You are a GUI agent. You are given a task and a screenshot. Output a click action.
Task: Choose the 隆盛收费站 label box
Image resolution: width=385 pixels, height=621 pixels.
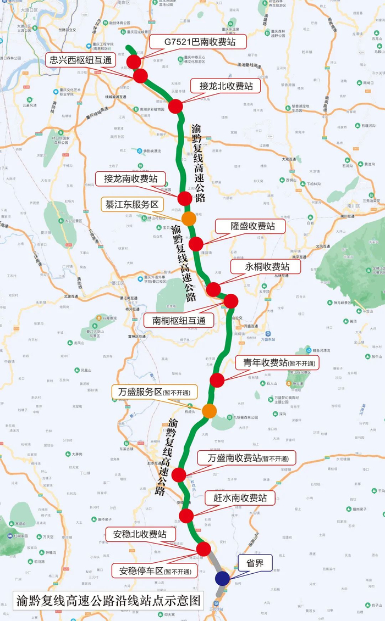point(250,226)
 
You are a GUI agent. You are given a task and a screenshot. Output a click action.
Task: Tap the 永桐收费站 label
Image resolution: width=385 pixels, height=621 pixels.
point(266,267)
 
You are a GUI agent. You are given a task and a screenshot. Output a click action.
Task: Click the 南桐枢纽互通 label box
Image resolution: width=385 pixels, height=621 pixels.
point(178,320)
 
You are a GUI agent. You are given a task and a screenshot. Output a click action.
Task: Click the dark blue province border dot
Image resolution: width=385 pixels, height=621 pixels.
point(223,578)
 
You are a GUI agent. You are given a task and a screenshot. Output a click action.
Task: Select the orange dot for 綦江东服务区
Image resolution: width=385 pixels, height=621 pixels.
point(189,219)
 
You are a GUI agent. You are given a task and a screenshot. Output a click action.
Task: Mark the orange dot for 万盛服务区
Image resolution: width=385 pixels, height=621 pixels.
point(209,411)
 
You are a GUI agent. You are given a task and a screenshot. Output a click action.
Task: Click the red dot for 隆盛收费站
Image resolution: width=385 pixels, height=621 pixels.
point(196,244)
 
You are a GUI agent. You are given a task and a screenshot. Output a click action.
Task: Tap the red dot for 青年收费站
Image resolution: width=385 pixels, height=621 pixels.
point(217,380)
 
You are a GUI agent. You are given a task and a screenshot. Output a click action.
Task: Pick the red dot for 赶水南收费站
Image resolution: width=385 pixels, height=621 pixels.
point(186,516)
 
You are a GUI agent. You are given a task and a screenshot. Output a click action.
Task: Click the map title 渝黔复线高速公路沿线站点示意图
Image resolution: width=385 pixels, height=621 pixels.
point(107,599)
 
